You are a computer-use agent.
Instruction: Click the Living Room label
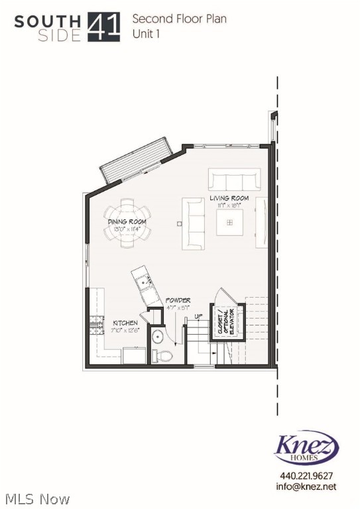click(x=229, y=198)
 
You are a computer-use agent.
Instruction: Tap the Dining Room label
click(x=127, y=223)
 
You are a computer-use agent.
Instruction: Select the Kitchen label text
click(x=125, y=323)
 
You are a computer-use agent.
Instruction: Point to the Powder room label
click(x=178, y=300)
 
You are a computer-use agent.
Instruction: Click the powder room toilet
click(x=163, y=356)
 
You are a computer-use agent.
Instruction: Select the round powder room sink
click(x=158, y=337)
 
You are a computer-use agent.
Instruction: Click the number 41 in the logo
click(x=104, y=27)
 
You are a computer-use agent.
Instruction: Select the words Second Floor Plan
click(x=179, y=19)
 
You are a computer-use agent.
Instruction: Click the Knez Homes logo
click(x=306, y=449)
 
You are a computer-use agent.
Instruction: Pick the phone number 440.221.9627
click(x=306, y=476)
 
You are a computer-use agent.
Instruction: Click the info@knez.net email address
click(x=306, y=486)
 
